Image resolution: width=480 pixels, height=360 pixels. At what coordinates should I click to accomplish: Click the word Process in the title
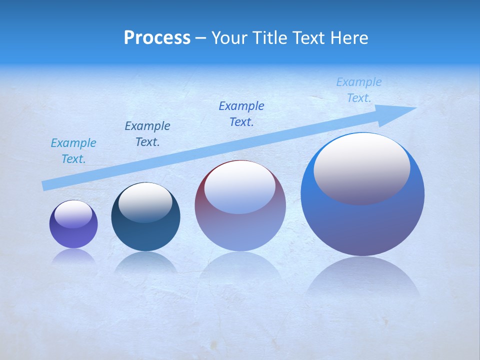(x=157, y=37)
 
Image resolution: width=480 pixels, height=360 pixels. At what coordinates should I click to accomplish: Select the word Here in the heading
(x=350, y=37)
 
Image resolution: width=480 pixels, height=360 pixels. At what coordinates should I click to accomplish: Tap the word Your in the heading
(x=228, y=37)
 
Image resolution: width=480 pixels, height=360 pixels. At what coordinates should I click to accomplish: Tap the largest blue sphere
(x=362, y=225)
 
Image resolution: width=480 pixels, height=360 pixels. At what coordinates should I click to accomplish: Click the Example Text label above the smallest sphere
(x=73, y=151)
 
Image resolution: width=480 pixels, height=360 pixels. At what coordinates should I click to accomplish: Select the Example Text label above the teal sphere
(x=147, y=134)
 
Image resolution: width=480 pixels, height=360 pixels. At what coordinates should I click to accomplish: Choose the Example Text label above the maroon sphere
(x=241, y=114)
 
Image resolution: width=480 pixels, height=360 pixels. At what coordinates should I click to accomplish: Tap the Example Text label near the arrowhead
(x=359, y=90)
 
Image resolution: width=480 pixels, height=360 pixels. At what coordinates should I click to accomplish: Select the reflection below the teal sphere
(x=145, y=262)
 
